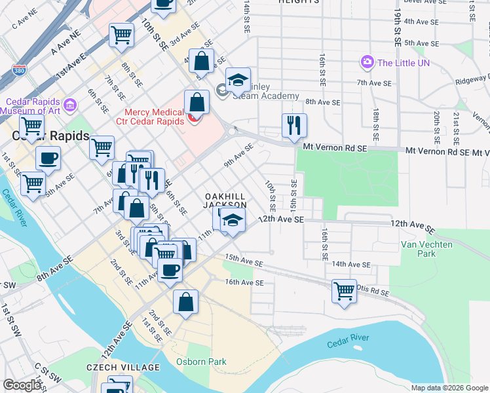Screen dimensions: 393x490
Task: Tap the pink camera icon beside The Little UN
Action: click(367, 62)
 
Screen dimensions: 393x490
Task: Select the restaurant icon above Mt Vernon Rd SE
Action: click(294, 124)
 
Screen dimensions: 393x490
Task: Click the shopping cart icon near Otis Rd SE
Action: click(344, 290)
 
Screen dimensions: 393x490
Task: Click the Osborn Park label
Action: click(200, 362)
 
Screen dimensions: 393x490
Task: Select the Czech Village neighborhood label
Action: click(122, 367)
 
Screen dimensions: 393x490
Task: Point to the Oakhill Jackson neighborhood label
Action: click(225, 200)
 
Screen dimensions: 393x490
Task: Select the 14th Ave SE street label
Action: click(350, 265)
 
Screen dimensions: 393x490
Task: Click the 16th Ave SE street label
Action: click(244, 283)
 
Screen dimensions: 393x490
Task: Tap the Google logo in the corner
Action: click(22, 385)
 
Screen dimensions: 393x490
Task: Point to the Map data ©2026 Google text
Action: click(449, 388)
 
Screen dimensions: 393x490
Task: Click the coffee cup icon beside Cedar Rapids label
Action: click(47, 158)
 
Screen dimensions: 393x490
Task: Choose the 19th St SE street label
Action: click(398, 26)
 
